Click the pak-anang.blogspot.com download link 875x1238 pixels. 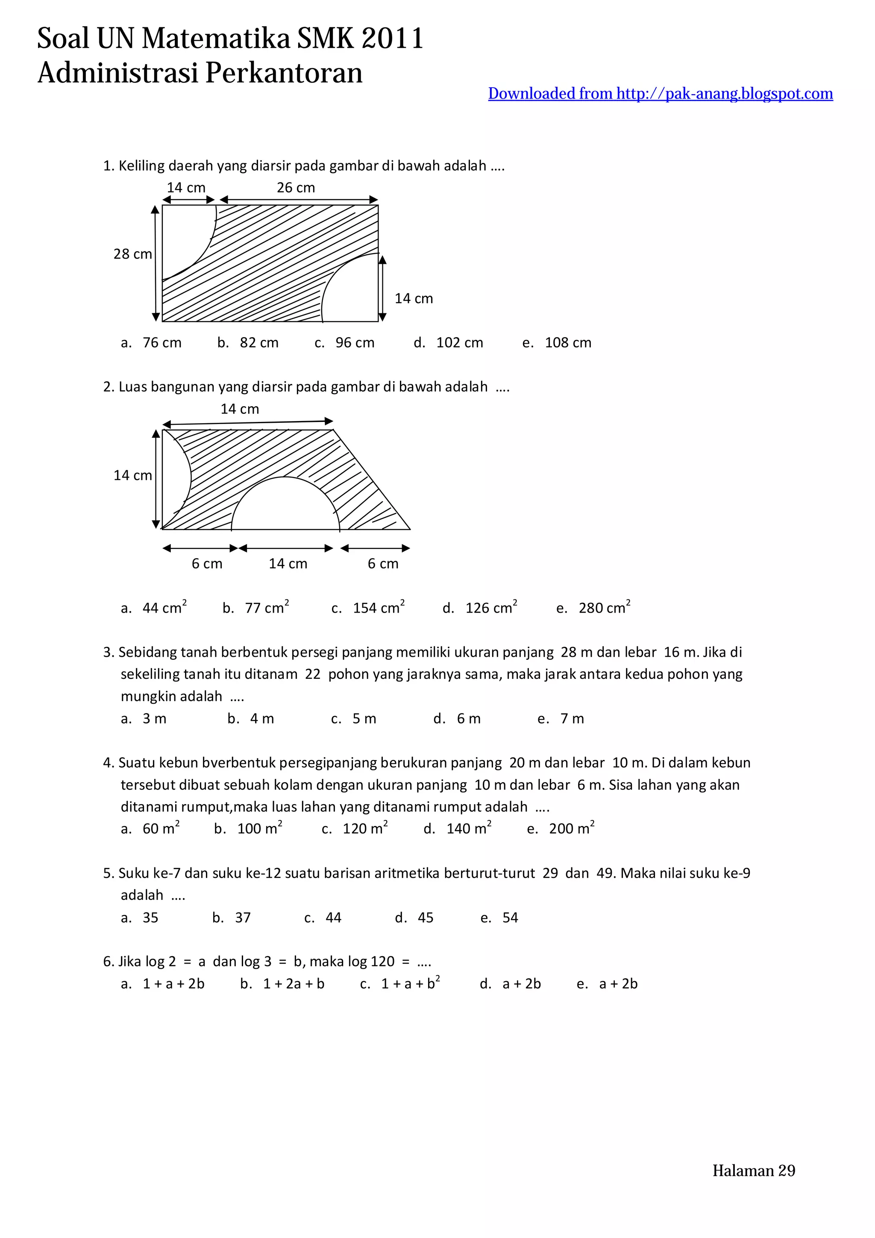(660, 94)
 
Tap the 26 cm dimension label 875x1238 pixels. (296, 188)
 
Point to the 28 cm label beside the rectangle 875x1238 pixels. (132, 254)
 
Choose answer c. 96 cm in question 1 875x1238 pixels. (345, 343)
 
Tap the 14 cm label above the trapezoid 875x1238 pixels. (240, 409)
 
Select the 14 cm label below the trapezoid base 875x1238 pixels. (288, 564)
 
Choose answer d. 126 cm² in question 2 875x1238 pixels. (480, 608)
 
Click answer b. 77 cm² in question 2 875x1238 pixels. (256, 608)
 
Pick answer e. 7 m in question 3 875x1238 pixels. (561, 719)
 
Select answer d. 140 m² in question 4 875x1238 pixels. (458, 829)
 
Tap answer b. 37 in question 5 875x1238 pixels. (232, 918)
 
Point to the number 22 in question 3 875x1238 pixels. (312, 675)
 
